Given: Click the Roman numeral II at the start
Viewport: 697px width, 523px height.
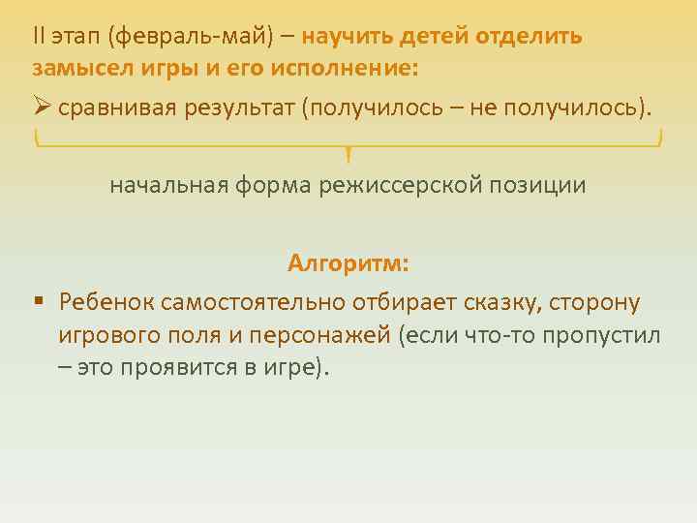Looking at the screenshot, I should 38,37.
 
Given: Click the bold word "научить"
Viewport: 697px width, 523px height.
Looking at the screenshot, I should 343,37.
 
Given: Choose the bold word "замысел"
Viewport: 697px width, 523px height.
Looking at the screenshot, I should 74,70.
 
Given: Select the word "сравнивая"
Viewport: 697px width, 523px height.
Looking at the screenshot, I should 117,108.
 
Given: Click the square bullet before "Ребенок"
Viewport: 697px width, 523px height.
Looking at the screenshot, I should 38,302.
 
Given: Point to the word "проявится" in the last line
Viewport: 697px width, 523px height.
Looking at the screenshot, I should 172,369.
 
